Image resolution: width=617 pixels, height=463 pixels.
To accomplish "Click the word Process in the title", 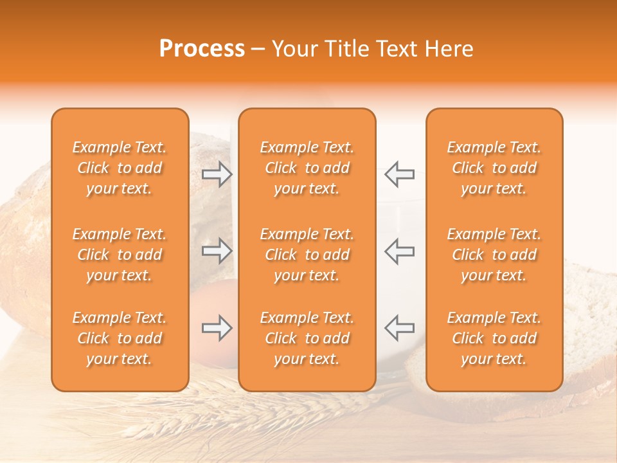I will [x=202, y=49].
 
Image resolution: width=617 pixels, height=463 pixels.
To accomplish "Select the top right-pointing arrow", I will [x=217, y=174].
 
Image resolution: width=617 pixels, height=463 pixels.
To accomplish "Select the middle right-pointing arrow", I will [x=217, y=251].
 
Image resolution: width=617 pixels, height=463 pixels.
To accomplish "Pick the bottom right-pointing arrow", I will [x=217, y=329].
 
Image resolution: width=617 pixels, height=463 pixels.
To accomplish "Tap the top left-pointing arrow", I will [x=400, y=174].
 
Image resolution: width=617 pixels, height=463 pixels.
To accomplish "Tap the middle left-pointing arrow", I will [x=400, y=251].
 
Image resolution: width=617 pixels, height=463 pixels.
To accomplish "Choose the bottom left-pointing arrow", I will [x=400, y=327].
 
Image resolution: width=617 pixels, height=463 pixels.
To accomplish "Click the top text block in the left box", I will [x=120, y=168].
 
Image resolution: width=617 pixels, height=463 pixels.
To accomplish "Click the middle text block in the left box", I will [x=120, y=255].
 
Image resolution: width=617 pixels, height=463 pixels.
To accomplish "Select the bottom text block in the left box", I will [x=120, y=338].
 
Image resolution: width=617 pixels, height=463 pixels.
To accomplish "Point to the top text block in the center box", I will [x=307, y=168].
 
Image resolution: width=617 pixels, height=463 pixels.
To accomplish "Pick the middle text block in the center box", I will [x=307, y=255].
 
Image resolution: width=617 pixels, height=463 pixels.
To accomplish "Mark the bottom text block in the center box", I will [x=307, y=338].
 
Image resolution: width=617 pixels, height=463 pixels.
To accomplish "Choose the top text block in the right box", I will [x=494, y=168].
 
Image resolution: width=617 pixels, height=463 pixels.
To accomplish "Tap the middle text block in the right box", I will [x=494, y=255].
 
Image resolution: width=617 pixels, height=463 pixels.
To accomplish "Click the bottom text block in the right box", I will [x=494, y=338].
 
